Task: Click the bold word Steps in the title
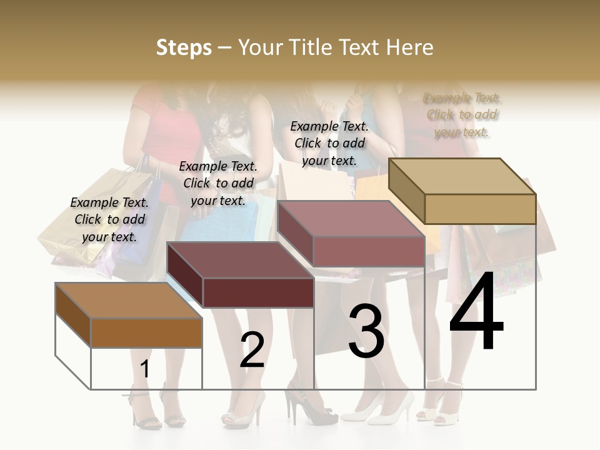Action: (184, 47)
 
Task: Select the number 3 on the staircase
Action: (366, 331)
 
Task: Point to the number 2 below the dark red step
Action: (252, 350)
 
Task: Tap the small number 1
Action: (145, 369)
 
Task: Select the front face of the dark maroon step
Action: (258, 292)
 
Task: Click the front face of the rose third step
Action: (368, 252)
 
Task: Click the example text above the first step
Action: (109, 219)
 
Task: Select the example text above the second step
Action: (218, 183)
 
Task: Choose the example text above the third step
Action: (329, 143)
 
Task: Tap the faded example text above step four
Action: (462, 115)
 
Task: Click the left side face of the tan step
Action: (407, 190)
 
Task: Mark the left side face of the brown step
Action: (73, 314)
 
